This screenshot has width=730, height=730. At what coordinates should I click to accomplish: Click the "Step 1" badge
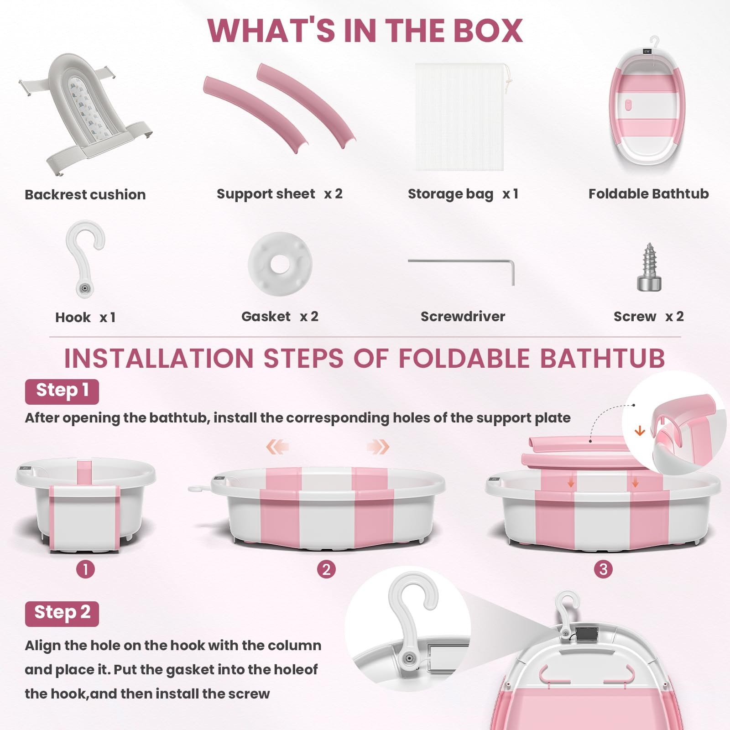[62, 391]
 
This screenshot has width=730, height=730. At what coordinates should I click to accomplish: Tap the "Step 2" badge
[62, 614]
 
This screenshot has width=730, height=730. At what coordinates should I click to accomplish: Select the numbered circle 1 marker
[85, 569]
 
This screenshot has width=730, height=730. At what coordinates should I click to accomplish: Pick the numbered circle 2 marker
[326, 569]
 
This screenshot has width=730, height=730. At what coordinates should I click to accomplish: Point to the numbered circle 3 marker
[603, 569]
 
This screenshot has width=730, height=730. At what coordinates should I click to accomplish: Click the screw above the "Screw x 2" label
[649, 268]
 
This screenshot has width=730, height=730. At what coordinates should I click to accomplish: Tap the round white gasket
[280, 264]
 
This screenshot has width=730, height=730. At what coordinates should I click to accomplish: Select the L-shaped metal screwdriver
[461, 262]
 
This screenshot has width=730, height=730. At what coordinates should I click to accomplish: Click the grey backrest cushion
[85, 114]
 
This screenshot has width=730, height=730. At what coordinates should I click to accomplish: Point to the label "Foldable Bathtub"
[648, 194]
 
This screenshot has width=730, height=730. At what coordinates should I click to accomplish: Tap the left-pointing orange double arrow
[277, 447]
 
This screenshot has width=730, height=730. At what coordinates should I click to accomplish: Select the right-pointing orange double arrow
[378, 447]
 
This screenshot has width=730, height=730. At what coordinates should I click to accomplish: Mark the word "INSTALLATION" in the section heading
[159, 358]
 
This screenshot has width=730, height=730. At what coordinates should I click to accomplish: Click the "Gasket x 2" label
[280, 317]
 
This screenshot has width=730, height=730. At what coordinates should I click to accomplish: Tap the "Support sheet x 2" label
[279, 194]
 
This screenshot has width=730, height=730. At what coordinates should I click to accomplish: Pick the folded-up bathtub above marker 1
[85, 505]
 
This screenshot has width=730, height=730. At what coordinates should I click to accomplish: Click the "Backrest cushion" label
[85, 195]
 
